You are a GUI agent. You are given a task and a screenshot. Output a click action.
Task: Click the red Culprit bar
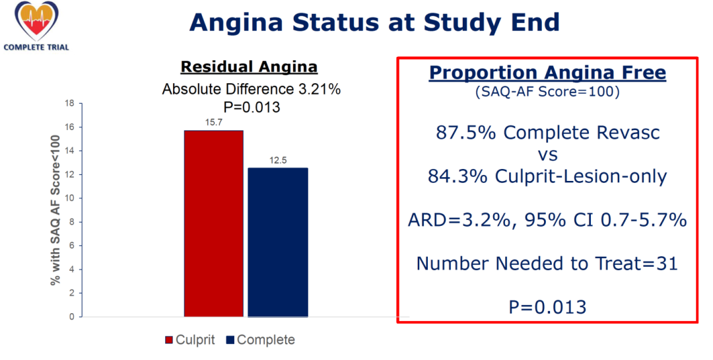point(214,223)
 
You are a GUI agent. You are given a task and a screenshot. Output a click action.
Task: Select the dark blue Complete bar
point(278,242)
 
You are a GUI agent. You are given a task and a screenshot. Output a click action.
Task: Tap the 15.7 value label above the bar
point(214,122)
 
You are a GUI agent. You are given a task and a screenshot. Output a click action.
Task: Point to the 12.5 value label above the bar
point(278,161)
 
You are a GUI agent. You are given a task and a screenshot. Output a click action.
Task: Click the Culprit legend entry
point(189,340)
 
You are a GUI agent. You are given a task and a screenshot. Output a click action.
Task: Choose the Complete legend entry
point(260,340)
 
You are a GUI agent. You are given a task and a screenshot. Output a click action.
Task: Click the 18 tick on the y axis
point(69,103)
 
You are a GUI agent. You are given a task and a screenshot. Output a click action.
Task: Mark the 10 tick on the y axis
point(69,198)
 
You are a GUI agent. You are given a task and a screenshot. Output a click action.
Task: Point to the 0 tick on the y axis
point(72,317)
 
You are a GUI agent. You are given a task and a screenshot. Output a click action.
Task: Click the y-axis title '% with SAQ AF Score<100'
point(55,210)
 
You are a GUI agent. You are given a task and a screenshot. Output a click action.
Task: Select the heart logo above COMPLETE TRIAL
point(36,21)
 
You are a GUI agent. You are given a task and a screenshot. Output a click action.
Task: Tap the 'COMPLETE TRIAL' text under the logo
point(36,47)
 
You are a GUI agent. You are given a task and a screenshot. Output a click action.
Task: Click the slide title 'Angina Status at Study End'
point(374,22)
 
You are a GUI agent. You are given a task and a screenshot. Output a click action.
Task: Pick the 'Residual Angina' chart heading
point(249,67)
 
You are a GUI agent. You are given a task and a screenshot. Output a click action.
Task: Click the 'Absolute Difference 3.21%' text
point(252,89)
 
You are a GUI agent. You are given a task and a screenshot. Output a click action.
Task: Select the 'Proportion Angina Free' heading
point(547,73)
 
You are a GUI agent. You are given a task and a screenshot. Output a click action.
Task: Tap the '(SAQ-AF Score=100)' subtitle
point(547,92)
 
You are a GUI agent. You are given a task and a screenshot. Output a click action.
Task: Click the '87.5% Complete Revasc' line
point(547,132)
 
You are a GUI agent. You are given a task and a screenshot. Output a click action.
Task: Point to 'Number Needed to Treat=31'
point(547,263)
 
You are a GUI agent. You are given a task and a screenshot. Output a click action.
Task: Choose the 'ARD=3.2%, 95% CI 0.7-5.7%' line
point(547,220)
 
